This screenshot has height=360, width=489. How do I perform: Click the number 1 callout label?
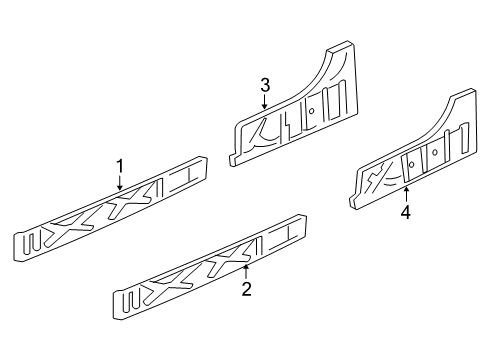point(120,166)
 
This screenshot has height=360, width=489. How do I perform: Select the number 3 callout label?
point(265,86)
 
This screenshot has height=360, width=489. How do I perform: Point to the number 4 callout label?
point(405,212)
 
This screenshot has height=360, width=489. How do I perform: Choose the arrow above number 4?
point(405,193)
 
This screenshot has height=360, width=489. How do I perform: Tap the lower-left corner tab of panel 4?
point(352,206)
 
